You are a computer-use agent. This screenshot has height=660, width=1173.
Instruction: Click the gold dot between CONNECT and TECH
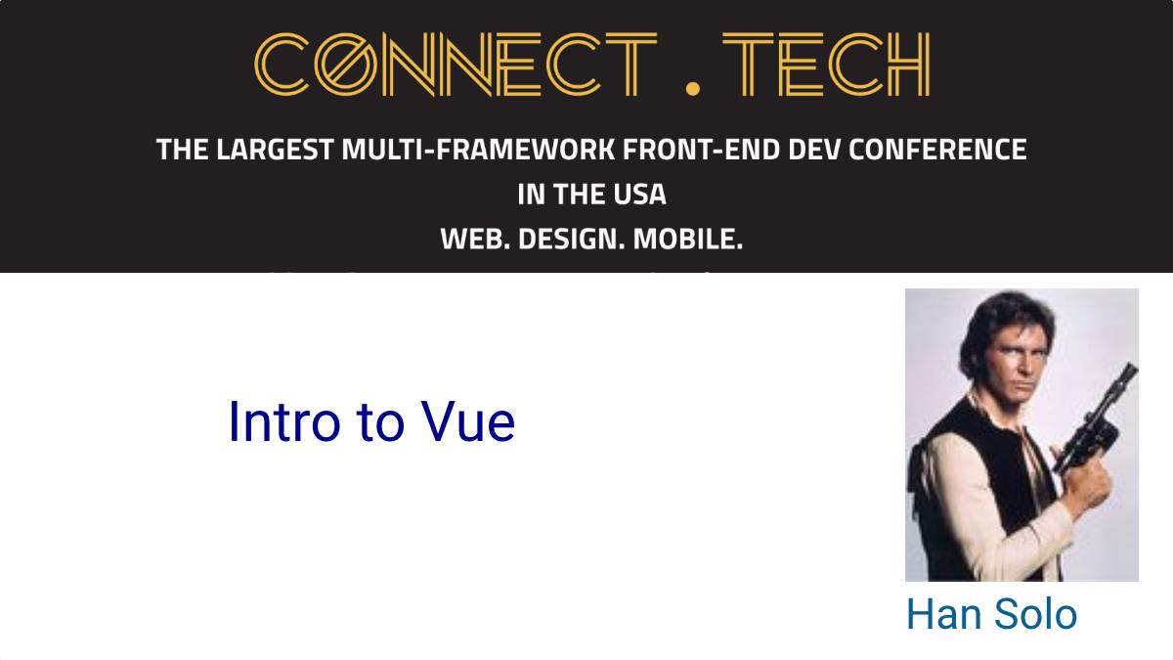(x=692, y=89)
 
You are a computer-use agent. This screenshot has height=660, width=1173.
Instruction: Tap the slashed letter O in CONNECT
(x=346, y=65)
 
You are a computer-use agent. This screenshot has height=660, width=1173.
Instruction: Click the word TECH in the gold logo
(x=826, y=65)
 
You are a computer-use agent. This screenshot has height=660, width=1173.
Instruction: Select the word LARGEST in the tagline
(x=275, y=150)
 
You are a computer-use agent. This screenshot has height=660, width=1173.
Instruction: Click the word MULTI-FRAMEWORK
(x=478, y=150)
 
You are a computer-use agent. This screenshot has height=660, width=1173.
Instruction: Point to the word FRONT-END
(x=701, y=150)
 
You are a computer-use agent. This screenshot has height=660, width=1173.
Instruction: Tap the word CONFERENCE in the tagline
(x=937, y=150)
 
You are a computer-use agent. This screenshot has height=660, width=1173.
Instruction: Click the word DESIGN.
(x=571, y=240)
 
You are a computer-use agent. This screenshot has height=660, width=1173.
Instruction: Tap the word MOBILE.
(x=688, y=240)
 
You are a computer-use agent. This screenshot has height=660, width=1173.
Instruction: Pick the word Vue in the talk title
(x=468, y=422)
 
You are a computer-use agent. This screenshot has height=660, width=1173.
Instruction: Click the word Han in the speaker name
(x=943, y=614)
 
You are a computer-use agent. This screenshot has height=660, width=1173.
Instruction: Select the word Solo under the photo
(x=1035, y=614)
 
